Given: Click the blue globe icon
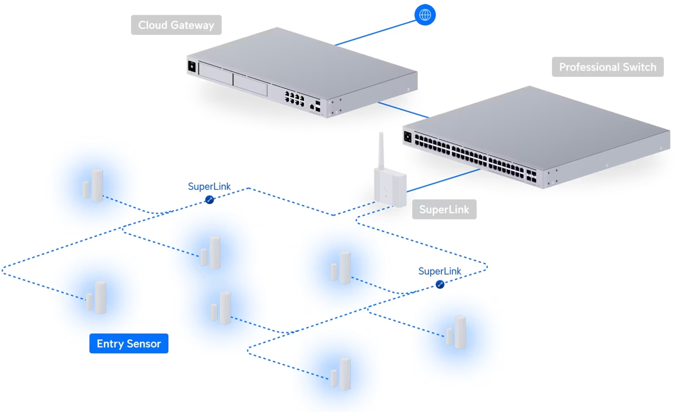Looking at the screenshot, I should click(425, 15).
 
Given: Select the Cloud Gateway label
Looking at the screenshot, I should click(176, 25).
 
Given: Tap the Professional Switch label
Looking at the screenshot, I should click(607, 67).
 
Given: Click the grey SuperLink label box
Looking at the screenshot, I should click(444, 210).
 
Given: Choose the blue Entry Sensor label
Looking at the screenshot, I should click(129, 344).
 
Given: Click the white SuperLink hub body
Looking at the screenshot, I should click(390, 187).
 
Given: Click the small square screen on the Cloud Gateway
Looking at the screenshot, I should click(192, 66).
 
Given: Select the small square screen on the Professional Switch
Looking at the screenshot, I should click(408, 136).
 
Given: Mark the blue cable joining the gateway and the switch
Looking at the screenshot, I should click(402, 109).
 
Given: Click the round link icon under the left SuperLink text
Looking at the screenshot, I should click(210, 200).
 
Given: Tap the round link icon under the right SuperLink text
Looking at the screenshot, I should click(440, 285).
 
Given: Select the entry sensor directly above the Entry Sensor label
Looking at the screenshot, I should click(97, 298).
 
